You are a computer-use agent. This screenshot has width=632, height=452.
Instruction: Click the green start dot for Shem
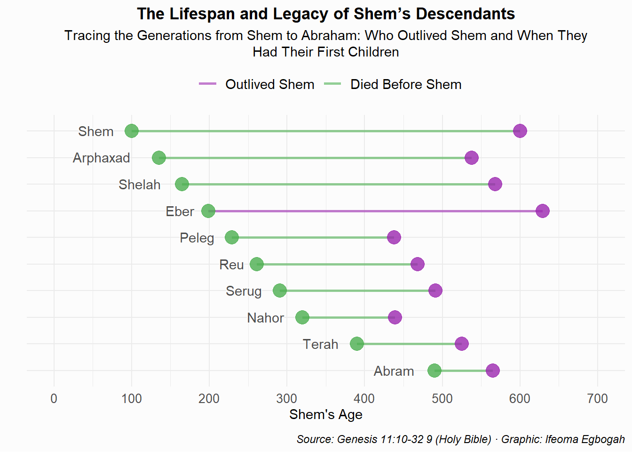(x=132, y=131)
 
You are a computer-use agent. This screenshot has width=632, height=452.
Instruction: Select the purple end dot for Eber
(x=543, y=211)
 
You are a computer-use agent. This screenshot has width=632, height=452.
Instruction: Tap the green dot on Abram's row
(x=434, y=371)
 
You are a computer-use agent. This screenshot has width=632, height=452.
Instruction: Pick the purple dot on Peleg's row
(x=394, y=237)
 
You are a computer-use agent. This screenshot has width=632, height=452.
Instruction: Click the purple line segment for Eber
(x=376, y=211)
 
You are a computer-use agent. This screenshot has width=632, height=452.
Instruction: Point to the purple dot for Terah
(x=462, y=344)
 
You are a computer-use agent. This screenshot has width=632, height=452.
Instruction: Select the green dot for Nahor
(x=302, y=317)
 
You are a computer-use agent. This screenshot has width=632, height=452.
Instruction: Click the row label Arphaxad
(x=101, y=158)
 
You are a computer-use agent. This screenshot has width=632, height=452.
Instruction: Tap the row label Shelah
(x=139, y=185)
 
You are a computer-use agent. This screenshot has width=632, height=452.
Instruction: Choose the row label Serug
(x=244, y=291)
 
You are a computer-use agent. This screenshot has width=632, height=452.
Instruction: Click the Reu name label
(x=231, y=265)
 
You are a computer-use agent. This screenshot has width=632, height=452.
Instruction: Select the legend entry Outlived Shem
(x=269, y=84)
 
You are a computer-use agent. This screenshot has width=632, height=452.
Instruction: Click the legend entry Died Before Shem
(x=406, y=84)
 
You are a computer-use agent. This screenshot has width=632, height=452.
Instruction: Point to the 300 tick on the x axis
(x=287, y=399)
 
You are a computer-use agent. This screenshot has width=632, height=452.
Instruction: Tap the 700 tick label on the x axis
(x=598, y=399)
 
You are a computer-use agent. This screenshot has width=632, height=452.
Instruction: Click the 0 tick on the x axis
(x=54, y=399)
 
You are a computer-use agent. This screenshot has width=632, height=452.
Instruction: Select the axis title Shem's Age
(x=326, y=414)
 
